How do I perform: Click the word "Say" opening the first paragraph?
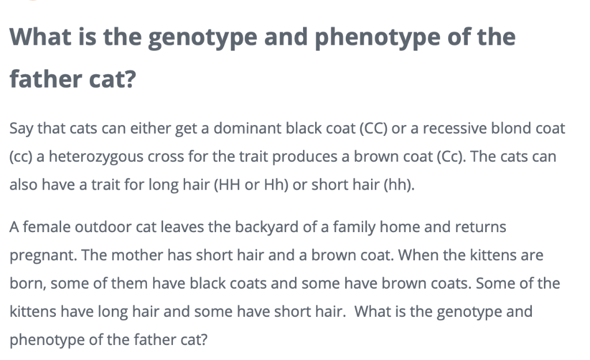tap(21, 128)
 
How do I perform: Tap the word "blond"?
tap(510, 128)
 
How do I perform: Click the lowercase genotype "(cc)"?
tap(21, 157)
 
